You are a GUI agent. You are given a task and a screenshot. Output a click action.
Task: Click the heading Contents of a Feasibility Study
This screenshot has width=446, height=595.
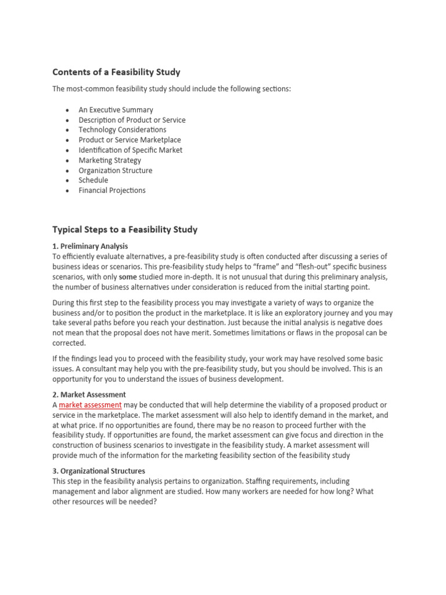tap(116, 72)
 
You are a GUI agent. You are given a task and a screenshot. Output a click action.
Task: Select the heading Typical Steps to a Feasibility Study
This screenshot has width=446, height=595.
tap(125, 230)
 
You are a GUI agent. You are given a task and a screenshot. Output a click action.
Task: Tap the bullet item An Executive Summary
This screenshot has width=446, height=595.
tap(116, 110)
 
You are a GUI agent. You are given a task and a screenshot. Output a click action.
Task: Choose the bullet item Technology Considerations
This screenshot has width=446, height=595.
tap(122, 130)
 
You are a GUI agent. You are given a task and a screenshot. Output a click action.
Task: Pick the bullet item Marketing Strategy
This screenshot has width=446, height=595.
tap(110, 160)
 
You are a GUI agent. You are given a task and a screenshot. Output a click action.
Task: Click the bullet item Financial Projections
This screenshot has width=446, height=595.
tap(112, 191)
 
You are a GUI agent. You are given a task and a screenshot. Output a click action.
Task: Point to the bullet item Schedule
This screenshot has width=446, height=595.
tap(93, 180)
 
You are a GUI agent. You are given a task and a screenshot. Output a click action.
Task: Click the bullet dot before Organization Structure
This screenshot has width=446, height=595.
tap(67, 171)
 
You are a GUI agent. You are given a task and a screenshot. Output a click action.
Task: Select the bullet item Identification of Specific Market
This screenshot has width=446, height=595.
tap(130, 150)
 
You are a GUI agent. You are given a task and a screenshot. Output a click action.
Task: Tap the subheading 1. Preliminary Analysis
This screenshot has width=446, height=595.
tap(90, 246)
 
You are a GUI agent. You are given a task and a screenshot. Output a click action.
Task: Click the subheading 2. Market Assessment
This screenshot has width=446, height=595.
tap(89, 395)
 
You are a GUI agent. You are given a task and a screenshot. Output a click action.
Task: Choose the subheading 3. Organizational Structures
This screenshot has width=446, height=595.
tap(99, 471)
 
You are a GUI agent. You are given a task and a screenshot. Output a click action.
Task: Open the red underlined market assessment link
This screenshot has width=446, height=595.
tap(90, 405)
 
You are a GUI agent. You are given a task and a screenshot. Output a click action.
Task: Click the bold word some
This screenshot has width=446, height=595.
tap(128, 277)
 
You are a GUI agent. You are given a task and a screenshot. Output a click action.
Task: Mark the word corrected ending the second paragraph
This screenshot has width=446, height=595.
tap(69, 343)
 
